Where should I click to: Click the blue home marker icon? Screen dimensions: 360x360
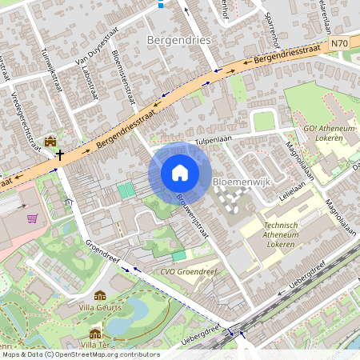(x=180, y=173)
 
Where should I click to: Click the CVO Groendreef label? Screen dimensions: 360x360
(x=190, y=270)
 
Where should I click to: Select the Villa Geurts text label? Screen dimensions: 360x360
(x=100, y=306)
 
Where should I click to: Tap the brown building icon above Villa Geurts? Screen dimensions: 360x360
(x=100, y=295)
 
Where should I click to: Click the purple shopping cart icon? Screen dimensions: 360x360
(x=32, y=218)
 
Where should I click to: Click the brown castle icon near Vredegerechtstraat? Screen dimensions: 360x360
(x=51, y=141)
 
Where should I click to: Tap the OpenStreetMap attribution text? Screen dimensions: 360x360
(x=80, y=354)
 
